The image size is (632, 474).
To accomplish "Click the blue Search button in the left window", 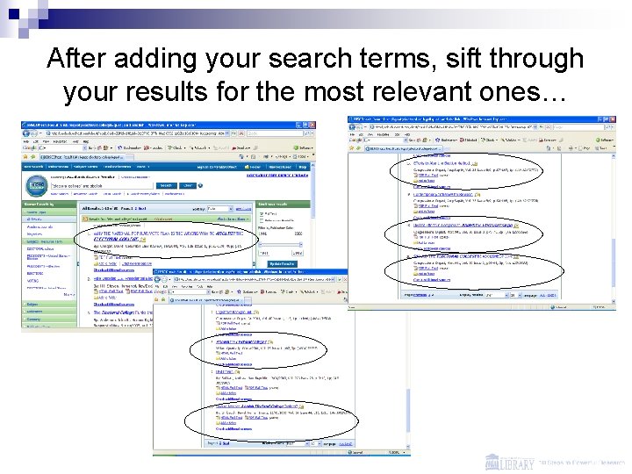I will tap(166, 185).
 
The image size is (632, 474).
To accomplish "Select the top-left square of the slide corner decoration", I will tap(6, 6).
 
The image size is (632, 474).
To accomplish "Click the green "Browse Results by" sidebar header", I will tap(43, 202).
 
